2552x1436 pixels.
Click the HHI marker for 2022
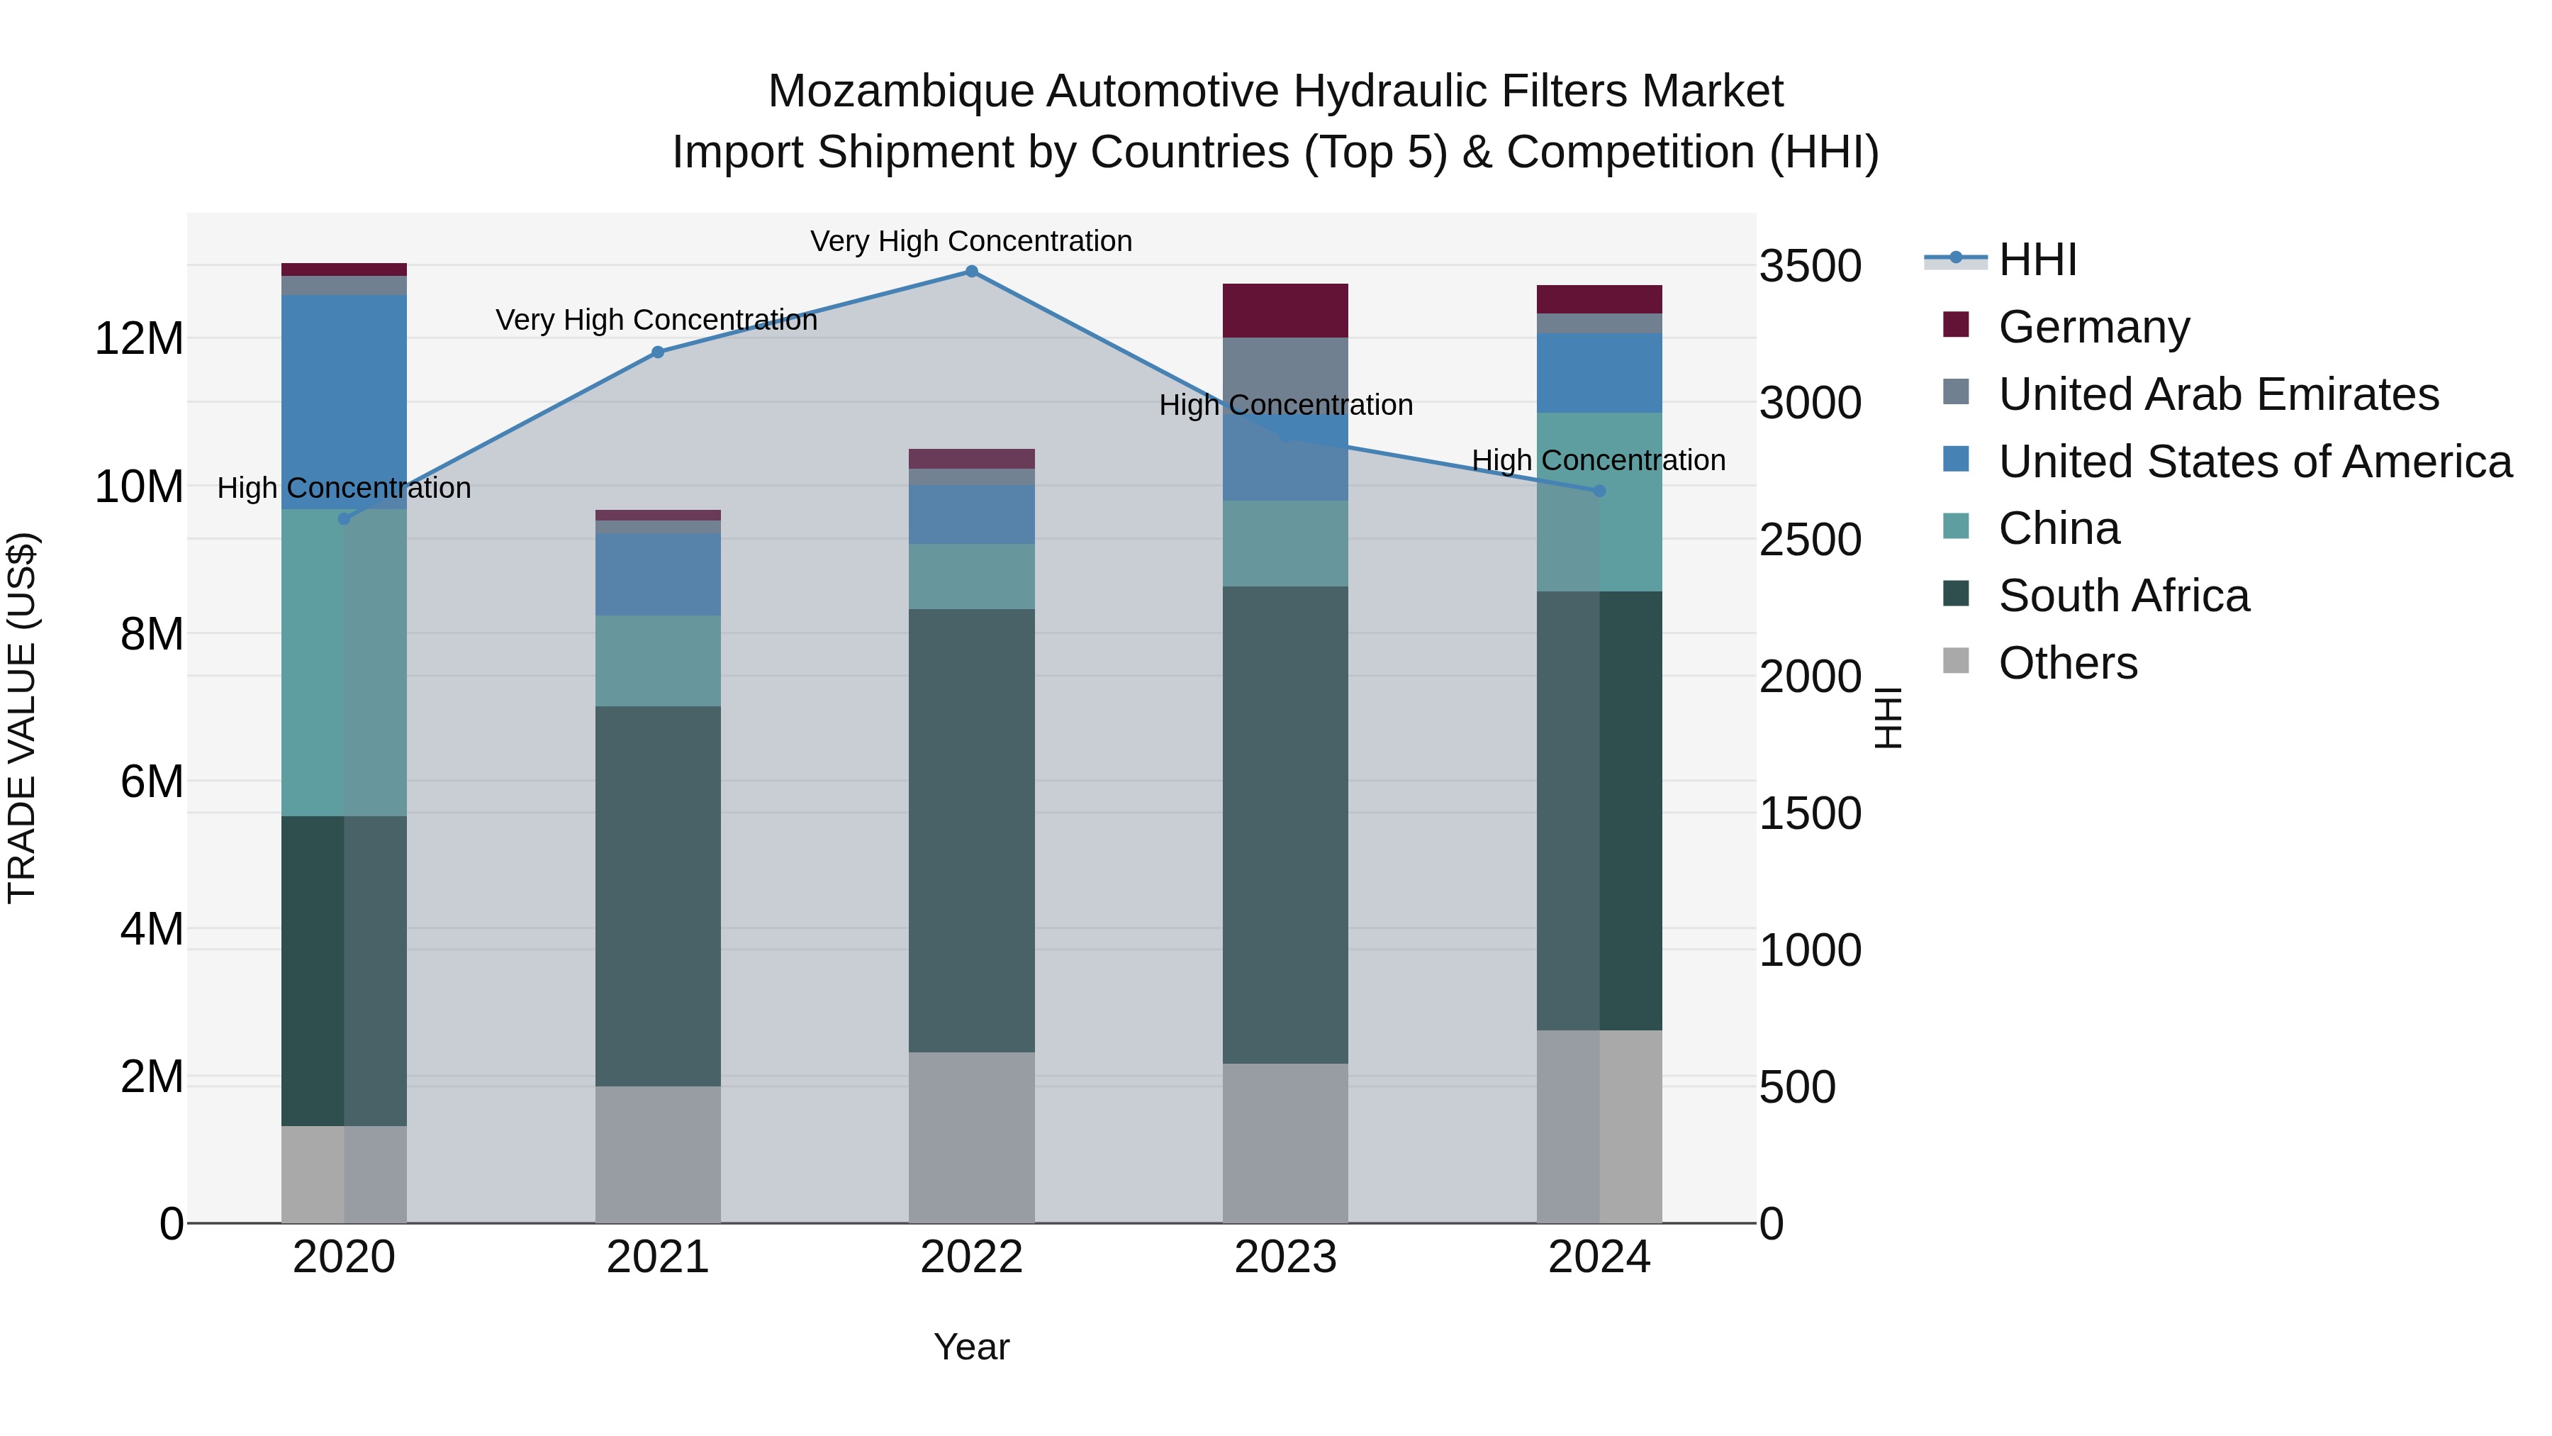tap(971, 272)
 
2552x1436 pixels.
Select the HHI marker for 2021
tap(658, 352)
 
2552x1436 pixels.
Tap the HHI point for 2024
tap(1599, 491)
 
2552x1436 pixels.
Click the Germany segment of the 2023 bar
tap(1285, 310)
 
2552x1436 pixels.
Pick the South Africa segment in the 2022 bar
tap(971, 830)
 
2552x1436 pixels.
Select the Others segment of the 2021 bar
tap(658, 1154)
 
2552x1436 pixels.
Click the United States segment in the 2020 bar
tap(344, 401)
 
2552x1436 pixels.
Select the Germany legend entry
tap(2093, 327)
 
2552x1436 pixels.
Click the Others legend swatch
tap(1956, 661)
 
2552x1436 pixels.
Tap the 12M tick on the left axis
tap(139, 339)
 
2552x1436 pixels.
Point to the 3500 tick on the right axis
tap(1810, 267)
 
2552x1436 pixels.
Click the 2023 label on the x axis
tap(1285, 1257)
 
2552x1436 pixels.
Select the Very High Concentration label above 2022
tap(971, 241)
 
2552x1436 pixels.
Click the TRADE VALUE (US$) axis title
tap(22, 718)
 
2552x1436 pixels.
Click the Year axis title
tap(971, 1347)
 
